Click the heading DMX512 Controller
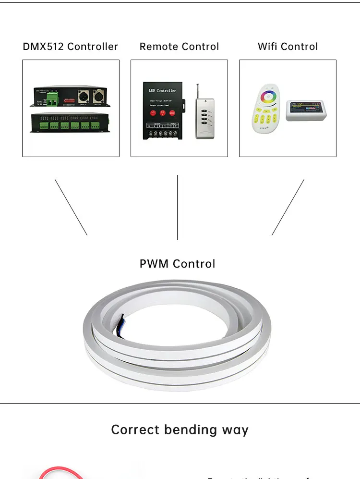coord(70,47)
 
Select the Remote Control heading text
coord(179,47)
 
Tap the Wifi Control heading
coord(288,47)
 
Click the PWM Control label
coord(177,264)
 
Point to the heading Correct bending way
coord(180,429)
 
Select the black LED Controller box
coord(163,111)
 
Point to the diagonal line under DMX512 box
coord(71,207)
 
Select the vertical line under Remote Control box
coord(177,207)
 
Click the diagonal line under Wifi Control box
coord(288,207)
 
